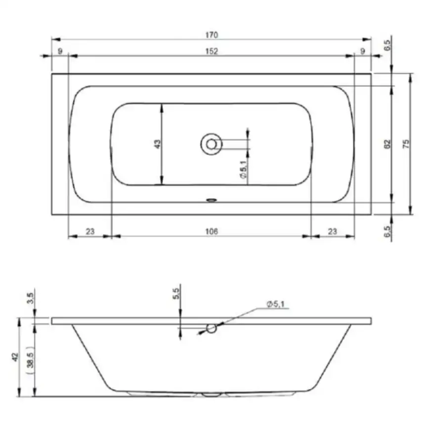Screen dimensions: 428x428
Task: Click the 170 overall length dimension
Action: click(212, 35)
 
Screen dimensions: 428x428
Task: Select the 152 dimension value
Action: click(212, 51)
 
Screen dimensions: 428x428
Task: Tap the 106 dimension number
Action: click(212, 231)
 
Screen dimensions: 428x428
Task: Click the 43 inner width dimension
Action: click(158, 144)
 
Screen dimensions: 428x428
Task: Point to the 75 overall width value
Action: click(406, 144)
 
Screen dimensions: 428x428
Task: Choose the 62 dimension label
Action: click(387, 144)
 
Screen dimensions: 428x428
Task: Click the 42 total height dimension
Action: click(15, 357)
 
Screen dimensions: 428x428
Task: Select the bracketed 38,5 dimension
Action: click(30, 360)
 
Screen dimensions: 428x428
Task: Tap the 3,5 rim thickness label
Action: click(30, 298)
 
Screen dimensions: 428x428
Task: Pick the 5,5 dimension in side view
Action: click(176, 294)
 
